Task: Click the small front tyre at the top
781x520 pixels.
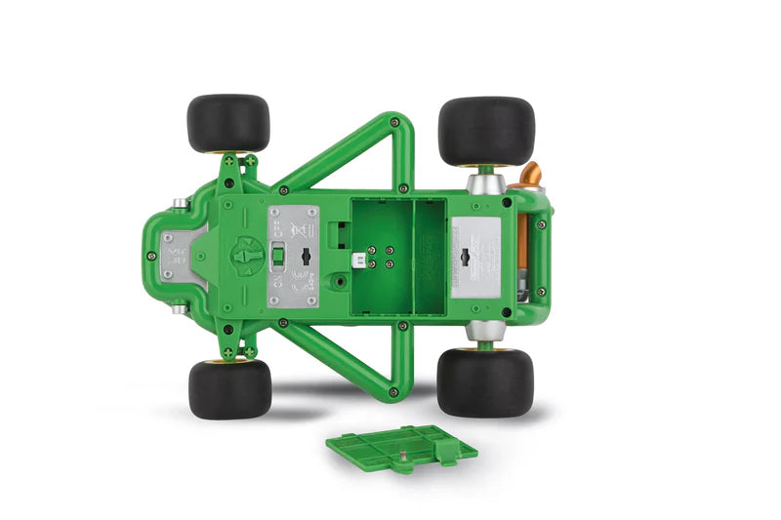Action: click(227, 123)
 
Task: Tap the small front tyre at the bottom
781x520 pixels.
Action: click(229, 387)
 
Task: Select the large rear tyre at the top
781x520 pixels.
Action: click(485, 131)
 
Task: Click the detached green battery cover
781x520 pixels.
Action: click(400, 449)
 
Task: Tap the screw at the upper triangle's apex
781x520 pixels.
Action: click(394, 122)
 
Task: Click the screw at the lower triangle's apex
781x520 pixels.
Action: click(394, 392)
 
